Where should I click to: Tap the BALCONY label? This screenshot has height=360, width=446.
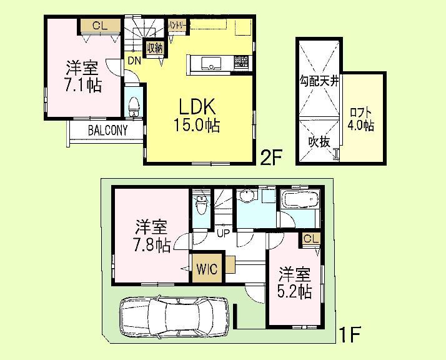click(x=107, y=131)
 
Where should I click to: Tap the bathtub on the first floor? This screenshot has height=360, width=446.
click(x=301, y=201)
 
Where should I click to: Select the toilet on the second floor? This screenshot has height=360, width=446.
click(x=133, y=107)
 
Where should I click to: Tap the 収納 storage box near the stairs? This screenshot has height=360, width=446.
click(x=152, y=47)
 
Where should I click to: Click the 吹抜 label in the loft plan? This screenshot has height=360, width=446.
click(x=318, y=141)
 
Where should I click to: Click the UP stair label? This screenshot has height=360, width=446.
click(x=222, y=234)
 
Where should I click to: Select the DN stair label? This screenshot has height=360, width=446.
click(x=134, y=61)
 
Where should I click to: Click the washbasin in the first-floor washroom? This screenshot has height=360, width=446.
click(x=247, y=198)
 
